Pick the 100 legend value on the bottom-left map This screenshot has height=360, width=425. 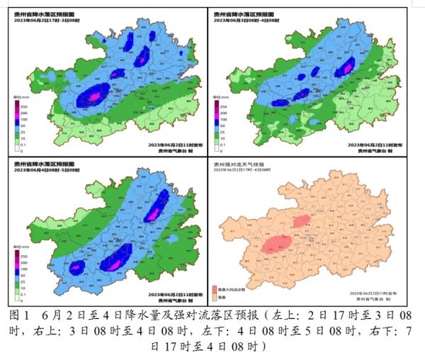click(25, 272)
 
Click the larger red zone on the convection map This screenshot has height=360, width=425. click(280, 244)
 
